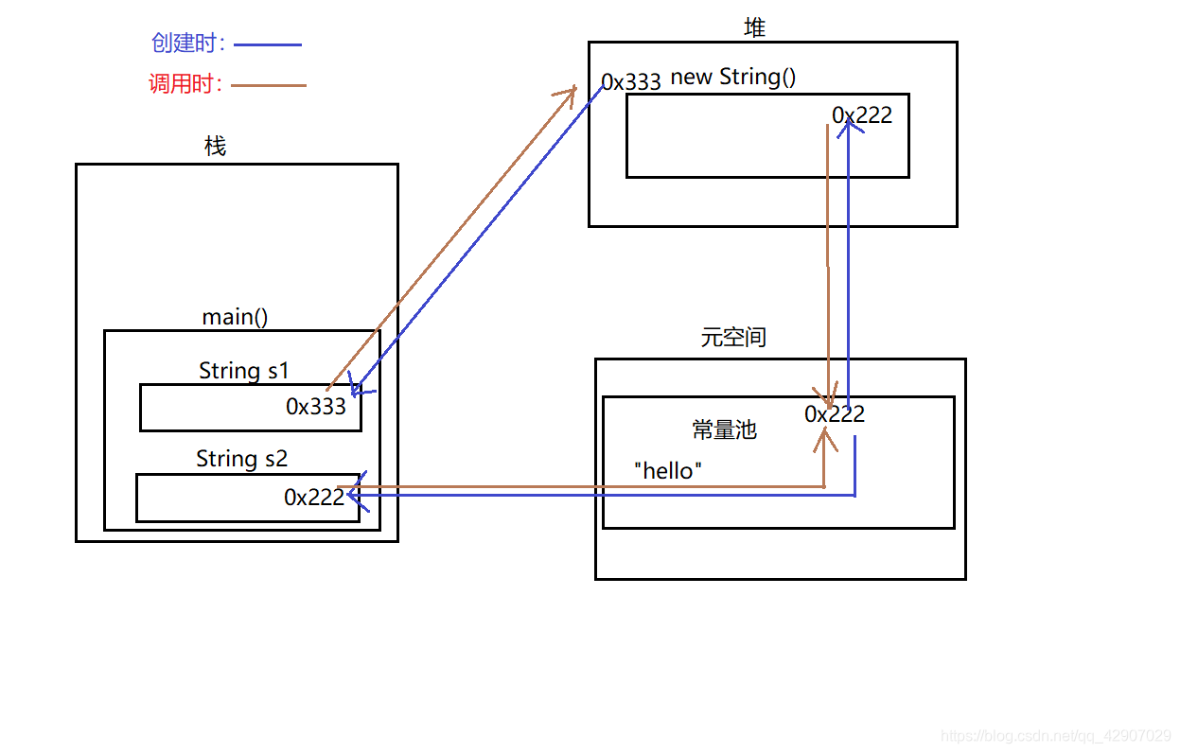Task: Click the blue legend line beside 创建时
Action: point(267,44)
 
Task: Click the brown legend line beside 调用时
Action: point(269,85)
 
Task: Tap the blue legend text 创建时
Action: point(187,44)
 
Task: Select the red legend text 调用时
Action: point(185,84)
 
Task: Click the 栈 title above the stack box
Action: point(216,147)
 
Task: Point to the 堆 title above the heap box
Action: point(754,28)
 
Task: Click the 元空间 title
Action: point(733,338)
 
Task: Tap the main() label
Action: point(235,317)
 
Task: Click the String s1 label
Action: point(243,371)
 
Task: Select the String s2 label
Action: point(241,460)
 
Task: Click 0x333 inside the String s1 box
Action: point(316,407)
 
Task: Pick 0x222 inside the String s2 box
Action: point(314,498)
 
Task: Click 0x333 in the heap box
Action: point(631,82)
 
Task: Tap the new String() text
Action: point(733,77)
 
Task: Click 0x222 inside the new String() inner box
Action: point(862,115)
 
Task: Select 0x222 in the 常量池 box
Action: point(835,414)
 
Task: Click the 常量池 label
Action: point(725,429)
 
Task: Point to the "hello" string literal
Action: point(668,471)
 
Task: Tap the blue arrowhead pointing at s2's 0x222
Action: point(353,494)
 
